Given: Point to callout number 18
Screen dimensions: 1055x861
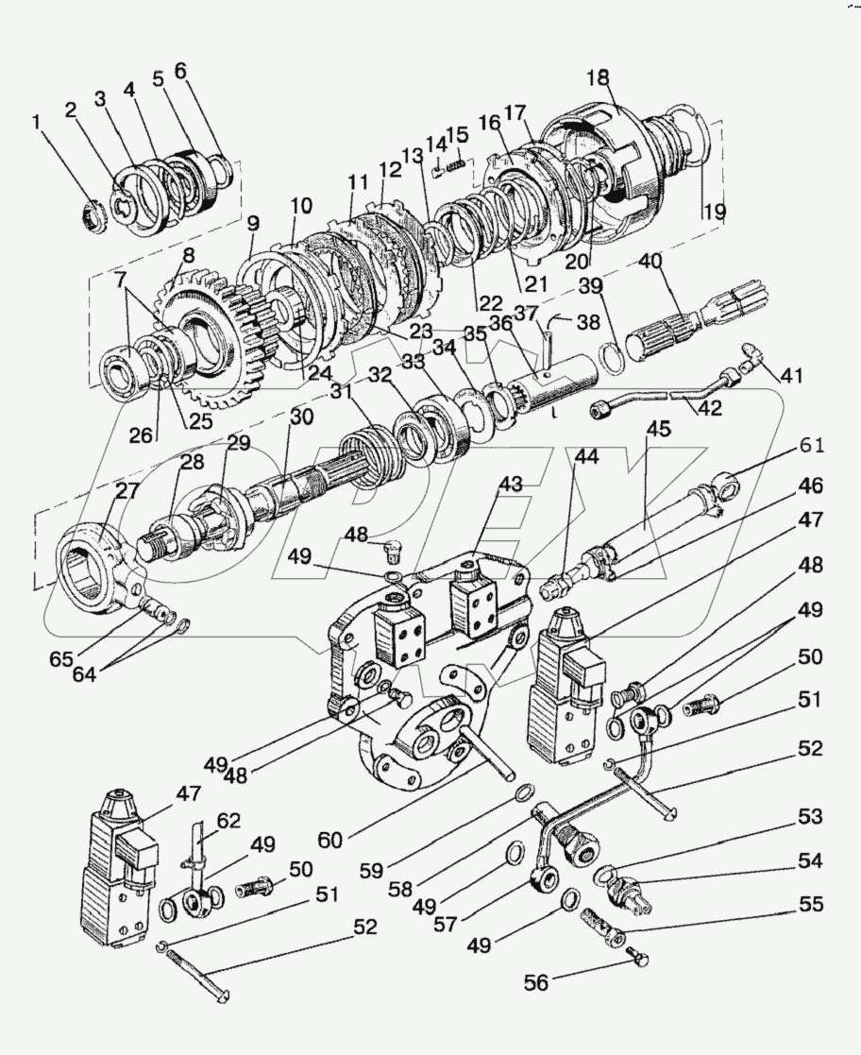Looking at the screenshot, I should click(599, 78).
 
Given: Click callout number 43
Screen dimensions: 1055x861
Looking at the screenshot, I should click(511, 483).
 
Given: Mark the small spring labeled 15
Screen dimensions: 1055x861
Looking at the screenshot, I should click(455, 167).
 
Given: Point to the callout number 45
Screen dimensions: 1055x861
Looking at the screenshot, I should click(659, 429).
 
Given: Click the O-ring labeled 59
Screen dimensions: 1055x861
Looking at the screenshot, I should click(530, 791).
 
